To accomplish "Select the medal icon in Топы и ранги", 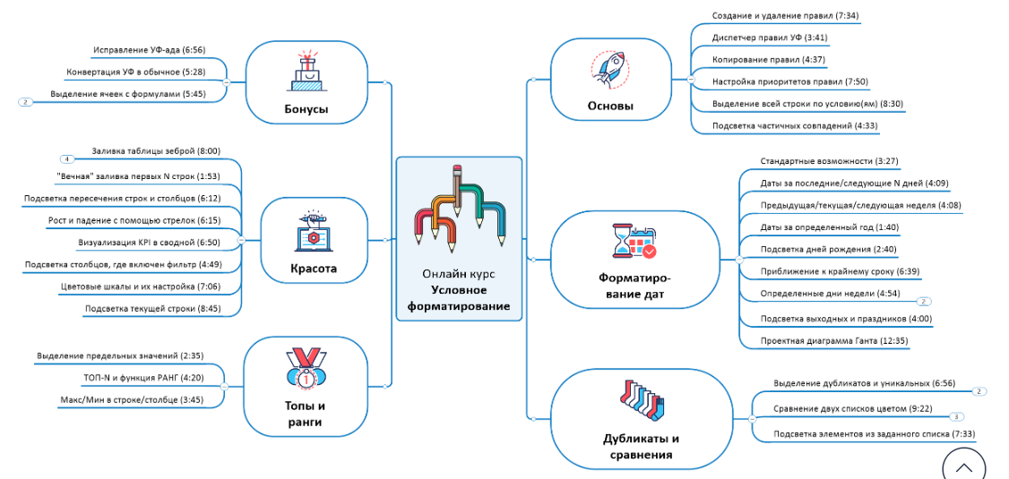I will click(306, 370).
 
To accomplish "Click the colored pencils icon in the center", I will click(459, 207).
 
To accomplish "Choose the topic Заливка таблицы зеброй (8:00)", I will click(155, 151).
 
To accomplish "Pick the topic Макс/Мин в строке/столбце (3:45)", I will click(132, 399).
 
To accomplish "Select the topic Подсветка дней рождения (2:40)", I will click(815, 249).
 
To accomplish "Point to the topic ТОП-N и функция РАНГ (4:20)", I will click(143, 378).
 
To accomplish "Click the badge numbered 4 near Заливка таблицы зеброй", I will click(67, 158).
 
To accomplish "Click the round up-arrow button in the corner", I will click(963, 466).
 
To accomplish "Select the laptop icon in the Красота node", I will click(312, 234).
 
